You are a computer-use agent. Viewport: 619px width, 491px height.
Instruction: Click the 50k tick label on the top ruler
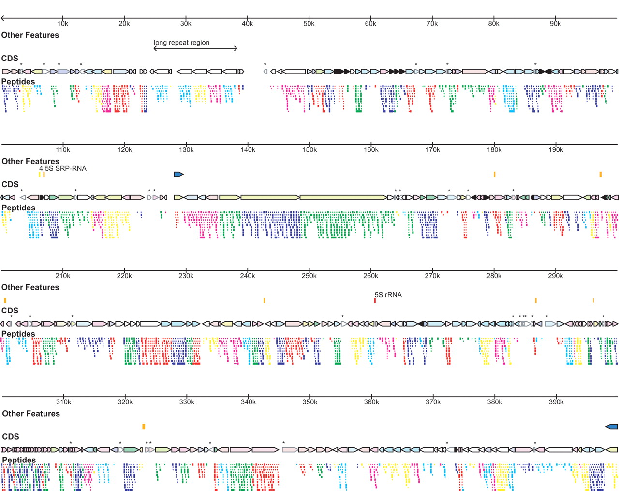click(x=309, y=24)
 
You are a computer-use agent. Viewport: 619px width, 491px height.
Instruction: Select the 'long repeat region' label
click(x=181, y=43)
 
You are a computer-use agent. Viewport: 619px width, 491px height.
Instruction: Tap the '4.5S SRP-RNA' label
click(x=63, y=168)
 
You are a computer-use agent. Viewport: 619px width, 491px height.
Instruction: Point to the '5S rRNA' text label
click(x=388, y=295)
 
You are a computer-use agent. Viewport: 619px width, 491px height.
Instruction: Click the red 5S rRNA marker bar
click(x=375, y=300)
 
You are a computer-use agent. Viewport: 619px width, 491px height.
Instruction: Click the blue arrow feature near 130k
click(x=178, y=174)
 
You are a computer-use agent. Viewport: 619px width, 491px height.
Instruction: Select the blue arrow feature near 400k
click(x=612, y=427)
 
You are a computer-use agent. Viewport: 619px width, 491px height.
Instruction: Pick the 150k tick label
click(x=309, y=150)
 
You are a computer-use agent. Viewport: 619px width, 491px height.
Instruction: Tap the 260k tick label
click(x=371, y=276)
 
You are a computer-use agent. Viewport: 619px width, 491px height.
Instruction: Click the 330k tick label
click(x=187, y=402)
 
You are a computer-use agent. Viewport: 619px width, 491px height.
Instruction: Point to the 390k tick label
click(x=556, y=402)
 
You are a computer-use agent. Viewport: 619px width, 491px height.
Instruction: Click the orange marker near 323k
click(x=144, y=427)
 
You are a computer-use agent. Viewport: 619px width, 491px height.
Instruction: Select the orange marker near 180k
click(x=494, y=174)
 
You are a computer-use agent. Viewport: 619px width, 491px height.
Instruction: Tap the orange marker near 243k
click(x=264, y=300)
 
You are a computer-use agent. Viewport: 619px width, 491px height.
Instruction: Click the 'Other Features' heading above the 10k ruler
click(x=30, y=35)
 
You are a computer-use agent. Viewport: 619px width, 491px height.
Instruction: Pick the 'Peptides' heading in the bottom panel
click(x=18, y=460)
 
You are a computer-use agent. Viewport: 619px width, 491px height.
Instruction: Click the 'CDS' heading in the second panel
click(x=10, y=184)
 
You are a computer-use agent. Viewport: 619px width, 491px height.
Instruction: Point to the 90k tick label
click(x=555, y=24)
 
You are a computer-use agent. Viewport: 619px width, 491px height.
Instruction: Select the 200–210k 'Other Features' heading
click(x=30, y=287)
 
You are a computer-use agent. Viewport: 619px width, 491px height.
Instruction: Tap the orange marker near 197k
click(x=600, y=174)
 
